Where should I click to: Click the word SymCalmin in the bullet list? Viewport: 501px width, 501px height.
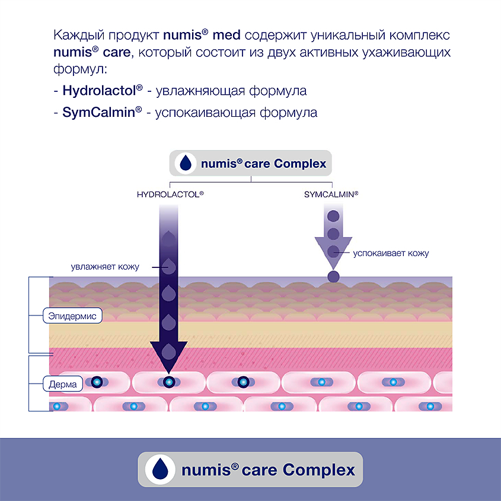point(98,111)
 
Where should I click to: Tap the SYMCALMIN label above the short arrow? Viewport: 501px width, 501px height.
point(331,194)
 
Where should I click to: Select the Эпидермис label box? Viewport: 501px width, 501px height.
point(73,315)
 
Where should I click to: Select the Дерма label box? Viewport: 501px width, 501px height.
point(63,384)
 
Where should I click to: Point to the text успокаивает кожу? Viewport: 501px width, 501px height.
point(391,253)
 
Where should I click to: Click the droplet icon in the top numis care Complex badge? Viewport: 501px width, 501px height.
point(187,163)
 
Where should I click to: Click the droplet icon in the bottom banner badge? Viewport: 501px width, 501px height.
point(161,470)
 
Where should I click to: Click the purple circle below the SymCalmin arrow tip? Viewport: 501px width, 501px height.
point(333,276)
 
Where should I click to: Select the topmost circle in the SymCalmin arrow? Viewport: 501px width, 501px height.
point(333,216)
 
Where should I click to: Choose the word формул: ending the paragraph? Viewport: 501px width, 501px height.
point(79,69)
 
